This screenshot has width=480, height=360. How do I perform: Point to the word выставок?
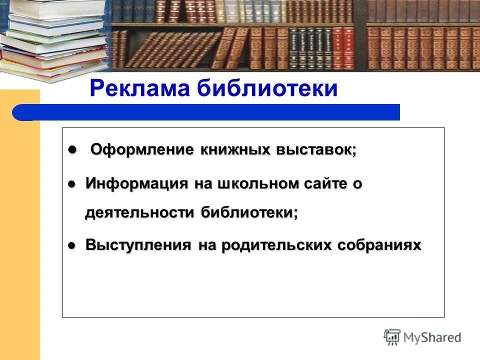[315, 150]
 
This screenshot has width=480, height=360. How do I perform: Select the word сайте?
[324, 183]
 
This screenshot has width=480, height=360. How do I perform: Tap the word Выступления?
[138, 245]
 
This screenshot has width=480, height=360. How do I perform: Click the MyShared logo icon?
[392, 336]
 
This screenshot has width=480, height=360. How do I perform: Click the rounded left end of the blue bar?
[20, 112]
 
